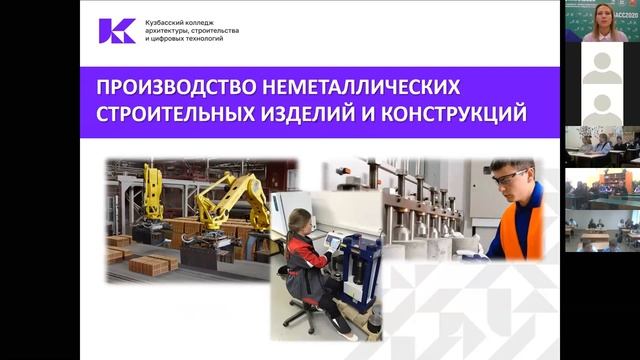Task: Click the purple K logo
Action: (x=117, y=30)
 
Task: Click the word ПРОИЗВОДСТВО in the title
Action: (x=168, y=85)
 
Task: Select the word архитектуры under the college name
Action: (x=169, y=30)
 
